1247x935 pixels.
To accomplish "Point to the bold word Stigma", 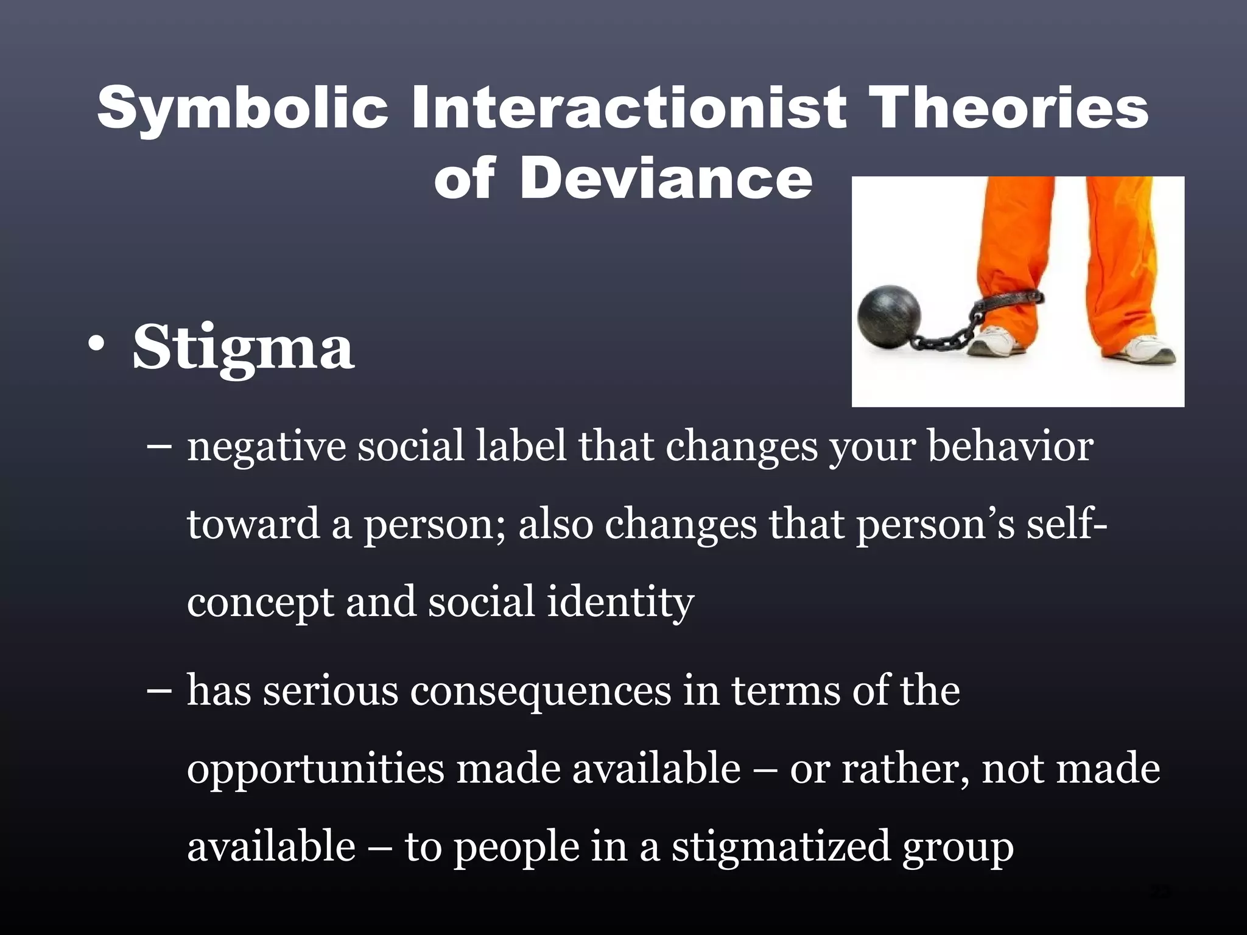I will [x=243, y=348].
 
